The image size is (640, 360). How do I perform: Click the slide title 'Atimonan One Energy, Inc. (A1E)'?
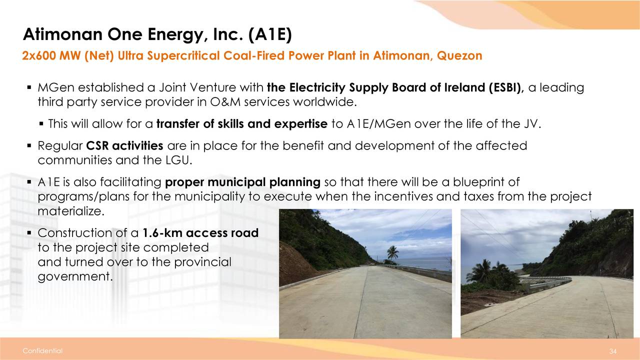coord(157,34)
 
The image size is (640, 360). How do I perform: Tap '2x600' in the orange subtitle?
coord(38,55)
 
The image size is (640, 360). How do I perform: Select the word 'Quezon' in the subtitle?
coord(459,55)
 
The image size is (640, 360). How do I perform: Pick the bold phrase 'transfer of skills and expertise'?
coord(241,123)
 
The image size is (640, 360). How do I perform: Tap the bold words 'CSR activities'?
coord(124,145)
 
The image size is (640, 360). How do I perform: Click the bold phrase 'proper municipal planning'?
coord(242,182)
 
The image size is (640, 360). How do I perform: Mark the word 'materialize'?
coord(69,211)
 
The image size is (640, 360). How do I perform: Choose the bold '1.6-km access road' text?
coord(200,233)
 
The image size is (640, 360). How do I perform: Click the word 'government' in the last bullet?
coord(73,276)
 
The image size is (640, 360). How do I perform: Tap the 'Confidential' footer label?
coord(42,350)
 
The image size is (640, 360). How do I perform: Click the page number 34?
coord(612,351)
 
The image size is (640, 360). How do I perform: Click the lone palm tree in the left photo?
coord(393,253)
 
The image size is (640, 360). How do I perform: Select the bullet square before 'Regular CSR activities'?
coord(29,145)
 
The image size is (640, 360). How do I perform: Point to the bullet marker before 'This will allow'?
coord(41,124)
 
